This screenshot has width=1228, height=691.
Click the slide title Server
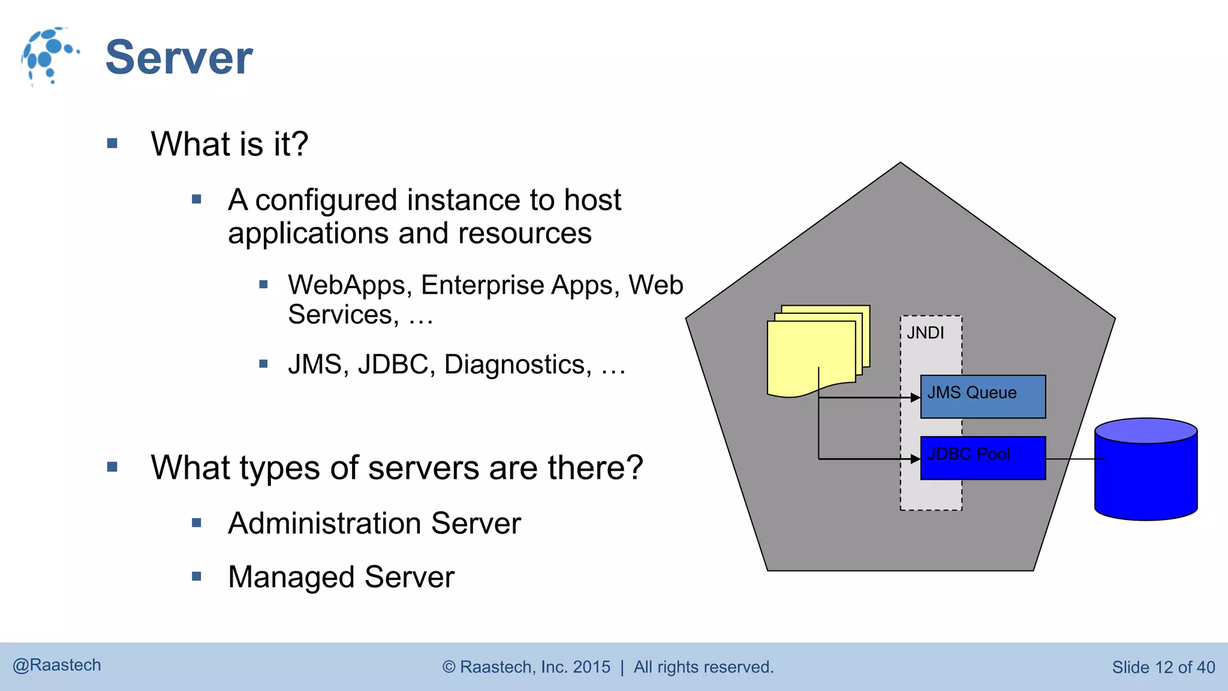pos(179,58)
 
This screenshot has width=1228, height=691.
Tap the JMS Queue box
pos(983,396)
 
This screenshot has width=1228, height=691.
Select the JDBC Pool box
pos(983,458)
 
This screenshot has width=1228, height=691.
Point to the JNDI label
pos(925,333)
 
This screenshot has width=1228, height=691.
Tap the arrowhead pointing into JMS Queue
pos(916,397)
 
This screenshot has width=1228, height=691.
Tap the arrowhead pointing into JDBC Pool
pos(916,459)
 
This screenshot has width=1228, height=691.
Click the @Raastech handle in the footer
pos(57,665)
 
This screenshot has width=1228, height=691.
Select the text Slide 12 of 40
pos(1163,667)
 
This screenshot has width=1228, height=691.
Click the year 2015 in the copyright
pos(591,667)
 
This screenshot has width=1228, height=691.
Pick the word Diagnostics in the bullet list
pos(517,365)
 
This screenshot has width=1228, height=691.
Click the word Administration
pos(325,523)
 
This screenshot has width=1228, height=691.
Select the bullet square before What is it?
pos(112,143)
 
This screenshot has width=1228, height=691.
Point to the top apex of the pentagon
pos(900,164)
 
